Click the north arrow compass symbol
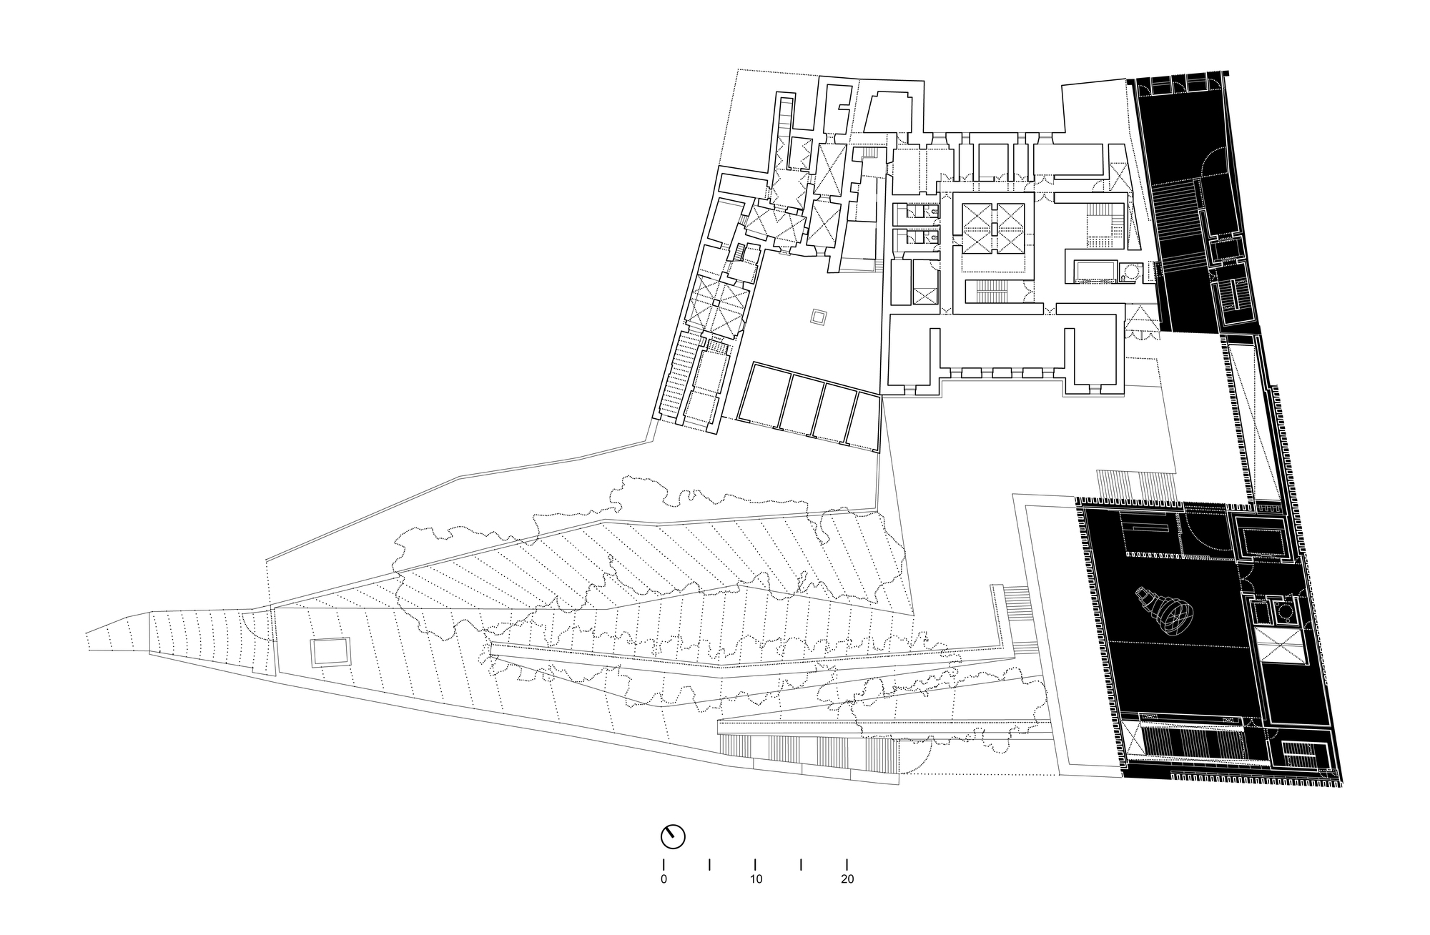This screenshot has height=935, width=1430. point(673,836)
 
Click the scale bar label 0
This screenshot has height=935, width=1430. point(664,879)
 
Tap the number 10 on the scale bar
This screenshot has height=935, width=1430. point(756,879)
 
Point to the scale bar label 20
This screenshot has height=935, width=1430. point(847,879)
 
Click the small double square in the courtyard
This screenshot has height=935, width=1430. point(818,317)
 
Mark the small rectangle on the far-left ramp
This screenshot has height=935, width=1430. point(331,653)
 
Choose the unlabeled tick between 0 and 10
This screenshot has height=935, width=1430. point(709,864)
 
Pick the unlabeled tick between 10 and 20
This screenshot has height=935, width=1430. point(801,864)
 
